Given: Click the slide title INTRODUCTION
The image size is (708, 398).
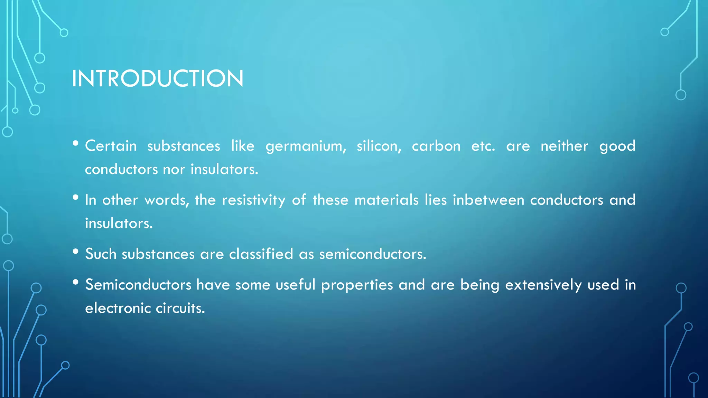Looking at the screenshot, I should point(158,78).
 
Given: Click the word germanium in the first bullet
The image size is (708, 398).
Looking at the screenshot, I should point(306,146).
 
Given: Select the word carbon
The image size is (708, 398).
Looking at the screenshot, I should point(436,146).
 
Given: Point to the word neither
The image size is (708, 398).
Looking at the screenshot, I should point(564,146).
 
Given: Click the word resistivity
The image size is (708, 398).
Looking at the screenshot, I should point(253,200).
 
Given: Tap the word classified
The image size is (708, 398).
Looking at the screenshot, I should point(261,254).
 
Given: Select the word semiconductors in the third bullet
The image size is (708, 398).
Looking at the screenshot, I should point(372,254).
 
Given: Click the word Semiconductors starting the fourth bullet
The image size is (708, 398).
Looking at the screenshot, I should point(138,285).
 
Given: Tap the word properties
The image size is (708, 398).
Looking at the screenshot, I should point(357,285).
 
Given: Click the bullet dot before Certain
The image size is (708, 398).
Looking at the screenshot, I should point(76,143).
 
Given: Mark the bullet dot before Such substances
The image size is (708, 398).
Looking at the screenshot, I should point(76,252).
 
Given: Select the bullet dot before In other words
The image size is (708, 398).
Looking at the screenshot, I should point(76,197).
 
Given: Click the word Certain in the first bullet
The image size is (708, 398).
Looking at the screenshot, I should point(111,146).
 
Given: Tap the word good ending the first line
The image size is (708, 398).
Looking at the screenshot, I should point(617,146).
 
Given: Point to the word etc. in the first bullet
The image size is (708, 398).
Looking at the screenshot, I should point(483,146).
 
